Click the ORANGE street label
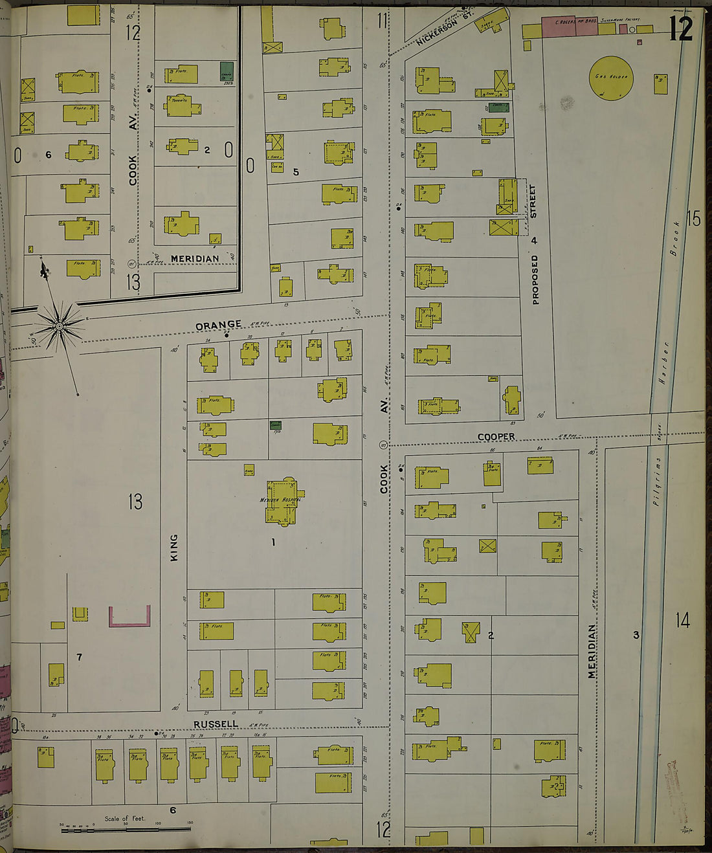pyautogui.click(x=218, y=324)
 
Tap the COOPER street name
pyautogui.click(x=496, y=437)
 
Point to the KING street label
pyautogui.click(x=173, y=548)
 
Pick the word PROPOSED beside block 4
pyautogui.click(x=535, y=279)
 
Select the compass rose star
pyautogui.click(x=60, y=327)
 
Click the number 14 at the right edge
pyautogui.click(x=683, y=621)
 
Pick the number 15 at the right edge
pyautogui.click(x=693, y=219)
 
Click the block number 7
pyautogui.click(x=79, y=658)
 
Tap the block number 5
pyautogui.click(x=296, y=172)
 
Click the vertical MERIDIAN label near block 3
pyautogui.click(x=592, y=651)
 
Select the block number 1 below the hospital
pyautogui.click(x=273, y=542)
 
